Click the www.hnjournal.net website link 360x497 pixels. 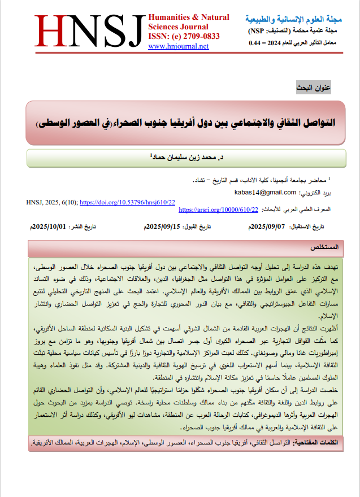click(178, 46)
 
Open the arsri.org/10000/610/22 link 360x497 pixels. click(218, 210)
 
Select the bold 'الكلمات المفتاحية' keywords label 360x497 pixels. click(321, 443)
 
